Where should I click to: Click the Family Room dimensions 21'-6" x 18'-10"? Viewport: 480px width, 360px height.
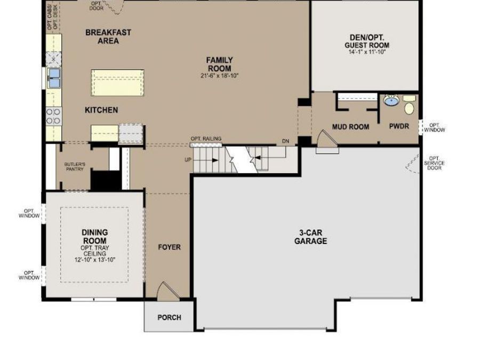click(x=219, y=76)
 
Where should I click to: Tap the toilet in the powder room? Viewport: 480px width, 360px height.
click(x=409, y=105)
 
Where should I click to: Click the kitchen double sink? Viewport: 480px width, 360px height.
click(x=54, y=78)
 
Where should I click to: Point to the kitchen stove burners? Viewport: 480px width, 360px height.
click(x=53, y=117)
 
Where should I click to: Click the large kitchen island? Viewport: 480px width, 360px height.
click(x=117, y=83)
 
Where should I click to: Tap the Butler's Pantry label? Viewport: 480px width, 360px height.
click(x=75, y=166)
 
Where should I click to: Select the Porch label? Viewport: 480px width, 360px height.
click(x=169, y=317)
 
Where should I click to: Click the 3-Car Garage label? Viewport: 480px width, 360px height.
click(x=310, y=237)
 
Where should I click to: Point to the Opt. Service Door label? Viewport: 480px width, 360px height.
click(x=434, y=163)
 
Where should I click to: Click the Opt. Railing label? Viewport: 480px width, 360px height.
click(x=206, y=139)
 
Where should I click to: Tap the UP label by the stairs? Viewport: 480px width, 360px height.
click(x=188, y=160)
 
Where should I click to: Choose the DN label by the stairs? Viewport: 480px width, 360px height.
click(x=285, y=141)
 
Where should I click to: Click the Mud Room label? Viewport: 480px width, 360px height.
click(x=350, y=127)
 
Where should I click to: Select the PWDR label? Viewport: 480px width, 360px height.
click(x=399, y=126)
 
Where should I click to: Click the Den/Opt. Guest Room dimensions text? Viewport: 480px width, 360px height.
click(x=367, y=52)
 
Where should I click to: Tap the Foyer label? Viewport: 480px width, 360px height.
click(x=169, y=247)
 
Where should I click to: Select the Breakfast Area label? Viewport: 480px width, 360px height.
click(x=108, y=36)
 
